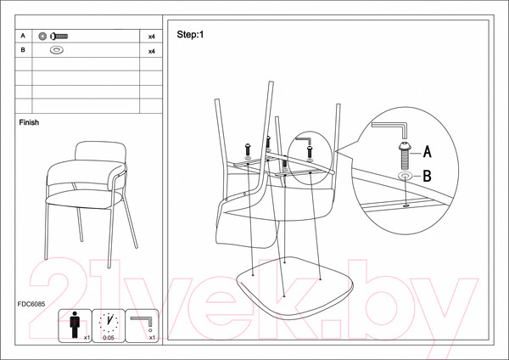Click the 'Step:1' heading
[190, 35]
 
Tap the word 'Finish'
[29, 122]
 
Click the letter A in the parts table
[23, 37]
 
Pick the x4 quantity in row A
[151, 38]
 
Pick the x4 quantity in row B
[151, 52]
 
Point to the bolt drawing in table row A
[58, 37]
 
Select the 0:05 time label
[108, 338]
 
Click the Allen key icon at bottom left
[142, 323]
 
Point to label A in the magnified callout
[428, 153]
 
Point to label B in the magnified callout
[428, 177]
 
